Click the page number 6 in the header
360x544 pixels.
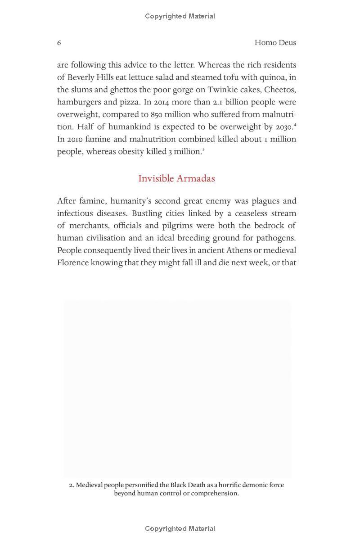click(x=59, y=43)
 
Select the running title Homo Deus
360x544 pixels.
click(x=275, y=43)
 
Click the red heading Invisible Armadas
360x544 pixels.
click(x=176, y=178)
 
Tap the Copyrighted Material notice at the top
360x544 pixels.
click(x=180, y=16)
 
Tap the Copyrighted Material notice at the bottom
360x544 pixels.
click(x=180, y=529)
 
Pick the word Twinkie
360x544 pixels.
click(x=222, y=90)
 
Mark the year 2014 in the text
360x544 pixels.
click(x=161, y=102)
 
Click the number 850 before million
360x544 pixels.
click(x=156, y=114)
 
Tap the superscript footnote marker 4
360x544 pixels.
click(x=295, y=124)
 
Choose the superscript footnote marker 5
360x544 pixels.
click(x=203, y=149)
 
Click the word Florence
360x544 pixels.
click(x=72, y=263)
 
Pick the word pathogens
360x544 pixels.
click(x=276, y=238)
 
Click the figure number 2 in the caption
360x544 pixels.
click(x=71, y=485)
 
